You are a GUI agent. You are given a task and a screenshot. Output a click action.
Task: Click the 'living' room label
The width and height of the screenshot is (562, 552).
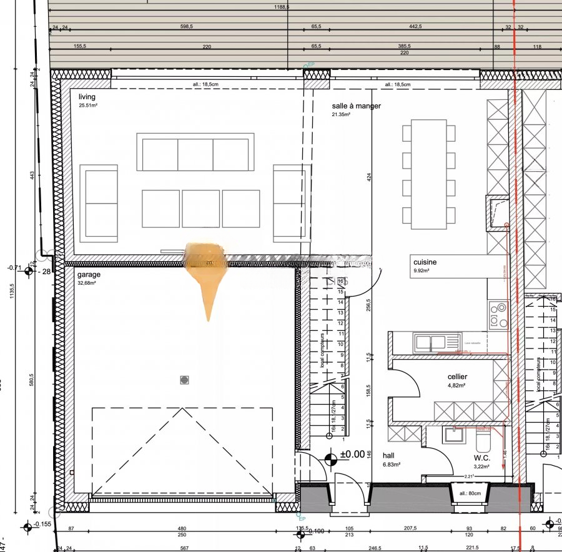coord(87,97)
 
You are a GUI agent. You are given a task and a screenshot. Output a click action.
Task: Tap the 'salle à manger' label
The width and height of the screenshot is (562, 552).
coord(356,106)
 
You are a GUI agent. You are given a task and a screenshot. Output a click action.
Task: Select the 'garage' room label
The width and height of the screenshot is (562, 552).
coord(89,275)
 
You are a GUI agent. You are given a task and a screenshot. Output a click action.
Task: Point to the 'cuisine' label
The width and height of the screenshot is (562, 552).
coord(425,262)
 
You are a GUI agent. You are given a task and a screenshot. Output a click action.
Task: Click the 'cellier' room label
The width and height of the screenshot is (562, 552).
coord(457,377)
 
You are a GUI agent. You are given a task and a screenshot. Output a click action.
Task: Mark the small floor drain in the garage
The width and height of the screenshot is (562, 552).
coord(184,380)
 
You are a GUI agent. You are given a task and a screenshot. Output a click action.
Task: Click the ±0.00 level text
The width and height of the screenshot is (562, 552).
coord(352,455)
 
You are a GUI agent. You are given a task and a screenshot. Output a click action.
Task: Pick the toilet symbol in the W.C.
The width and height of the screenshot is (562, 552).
coord(483,441)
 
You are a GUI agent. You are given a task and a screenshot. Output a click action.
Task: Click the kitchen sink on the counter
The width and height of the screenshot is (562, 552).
coord(430,342)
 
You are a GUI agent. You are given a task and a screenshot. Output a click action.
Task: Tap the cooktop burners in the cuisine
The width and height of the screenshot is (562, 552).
coord(498,315)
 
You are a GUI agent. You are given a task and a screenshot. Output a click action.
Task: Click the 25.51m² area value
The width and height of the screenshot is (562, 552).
coord(88,105)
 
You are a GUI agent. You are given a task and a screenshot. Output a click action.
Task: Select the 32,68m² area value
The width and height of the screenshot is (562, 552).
coord(87,283)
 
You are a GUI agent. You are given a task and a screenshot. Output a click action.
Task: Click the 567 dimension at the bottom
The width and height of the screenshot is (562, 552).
coord(184,549)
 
